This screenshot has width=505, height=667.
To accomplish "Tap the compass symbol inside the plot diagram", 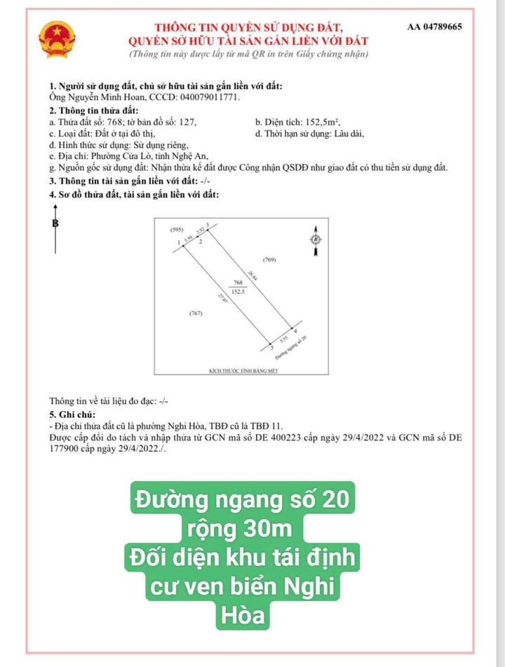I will [x=315, y=239].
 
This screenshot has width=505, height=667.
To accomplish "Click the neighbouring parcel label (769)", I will [x=269, y=260].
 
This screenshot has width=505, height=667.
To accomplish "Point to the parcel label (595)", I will [x=177, y=230].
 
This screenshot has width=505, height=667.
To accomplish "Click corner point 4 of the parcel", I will [x=295, y=330].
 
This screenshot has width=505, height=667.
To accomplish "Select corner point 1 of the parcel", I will [x=180, y=243].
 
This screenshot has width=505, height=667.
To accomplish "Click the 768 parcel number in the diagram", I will [x=237, y=283].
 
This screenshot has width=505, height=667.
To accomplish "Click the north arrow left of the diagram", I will [x=55, y=231].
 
